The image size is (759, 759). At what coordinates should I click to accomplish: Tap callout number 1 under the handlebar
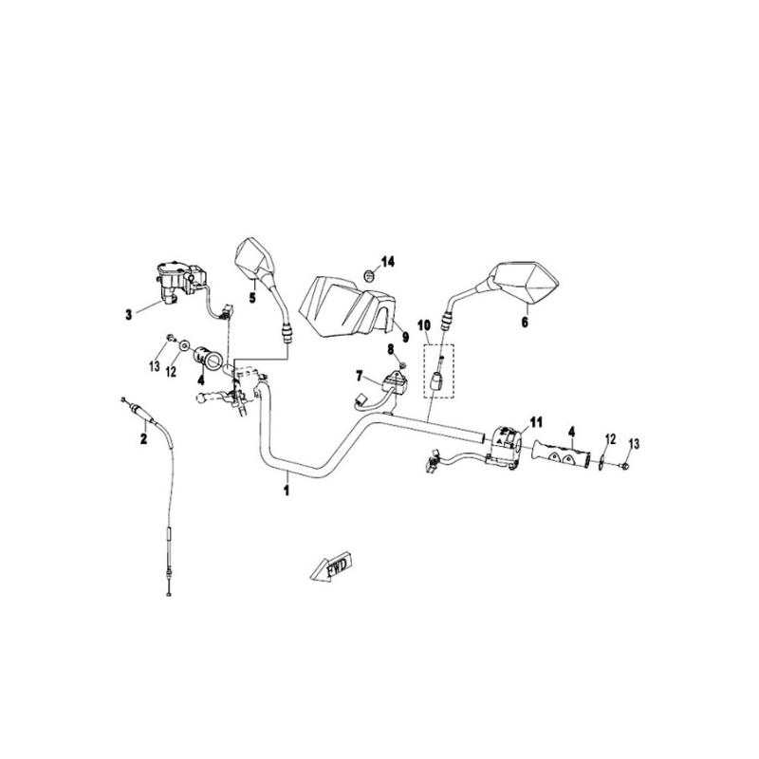tap(287, 490)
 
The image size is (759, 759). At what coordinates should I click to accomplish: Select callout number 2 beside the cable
tap(143, 439)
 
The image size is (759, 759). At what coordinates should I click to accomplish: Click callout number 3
tap(129, 315)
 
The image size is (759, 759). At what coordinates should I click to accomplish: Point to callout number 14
tap(388, 262)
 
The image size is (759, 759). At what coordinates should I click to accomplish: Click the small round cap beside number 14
tap(369, 276)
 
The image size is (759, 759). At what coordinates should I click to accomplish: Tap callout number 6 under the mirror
tap(526, 322)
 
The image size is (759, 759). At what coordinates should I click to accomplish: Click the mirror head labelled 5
tap(255, 259)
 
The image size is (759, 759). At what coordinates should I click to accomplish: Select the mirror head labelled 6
tap(525, 283)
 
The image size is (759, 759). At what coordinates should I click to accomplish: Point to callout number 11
tap(535, 422)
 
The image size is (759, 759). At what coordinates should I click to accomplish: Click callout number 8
tap(391, 348)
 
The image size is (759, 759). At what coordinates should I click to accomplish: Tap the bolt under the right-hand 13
tap(624, 465)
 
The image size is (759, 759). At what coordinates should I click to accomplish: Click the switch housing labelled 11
tap(505, 441)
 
